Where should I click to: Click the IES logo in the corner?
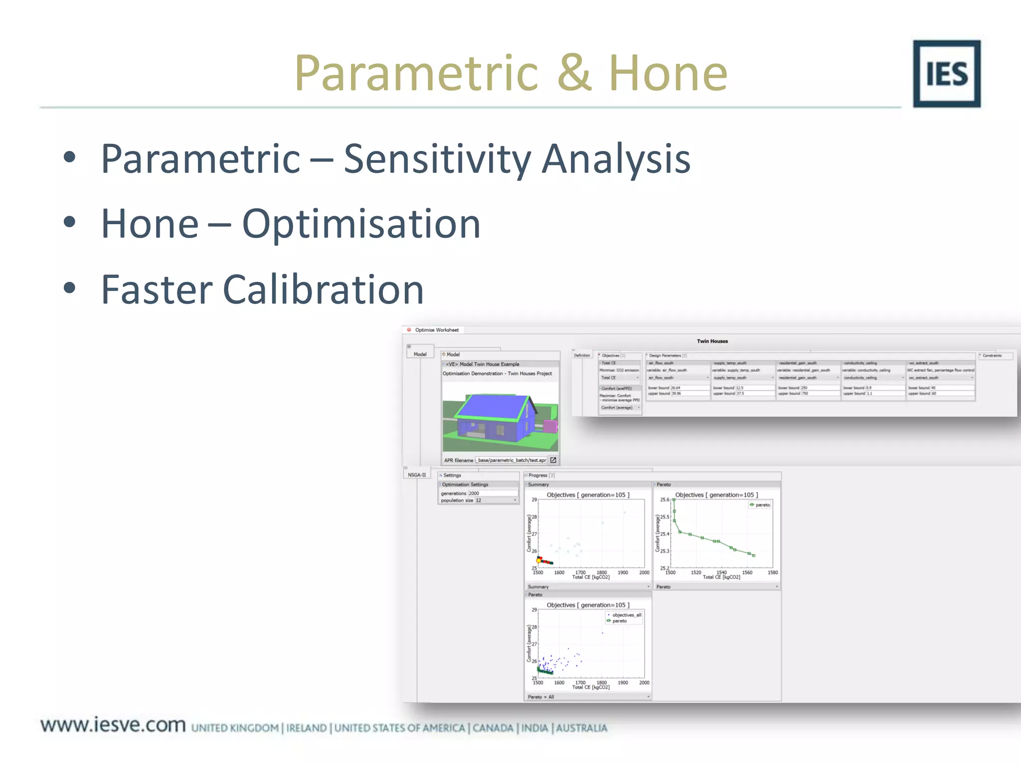coord(946,74)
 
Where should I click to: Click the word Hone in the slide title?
coord(668,74)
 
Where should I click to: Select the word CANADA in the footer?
coord(493,728)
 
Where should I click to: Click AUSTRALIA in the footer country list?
coord(581,728)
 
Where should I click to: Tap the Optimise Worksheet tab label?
coord(436,330)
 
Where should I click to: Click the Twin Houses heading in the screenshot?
coord(712,341)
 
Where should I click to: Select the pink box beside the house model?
coord(549,426)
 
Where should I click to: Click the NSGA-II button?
coord(417,475)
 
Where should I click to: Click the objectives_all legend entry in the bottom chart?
coord(626,615)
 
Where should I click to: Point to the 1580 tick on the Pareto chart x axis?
coord(772,573)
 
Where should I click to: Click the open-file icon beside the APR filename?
coord(553,460)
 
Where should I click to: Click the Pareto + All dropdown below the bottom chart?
coord(588,697)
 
